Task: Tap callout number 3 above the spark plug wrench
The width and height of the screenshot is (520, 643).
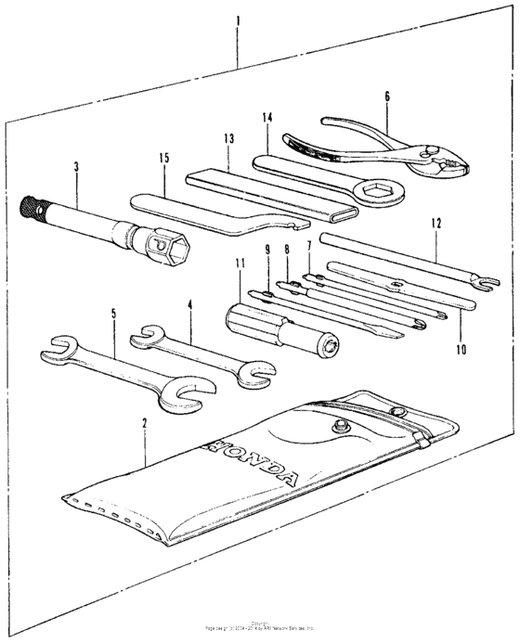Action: (76, 167)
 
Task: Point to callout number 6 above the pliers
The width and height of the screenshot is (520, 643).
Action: (386, 96)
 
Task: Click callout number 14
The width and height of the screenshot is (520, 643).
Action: (268, 118)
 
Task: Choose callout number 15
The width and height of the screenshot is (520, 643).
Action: (163, 158)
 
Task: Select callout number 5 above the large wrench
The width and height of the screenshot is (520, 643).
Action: (113, 313)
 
